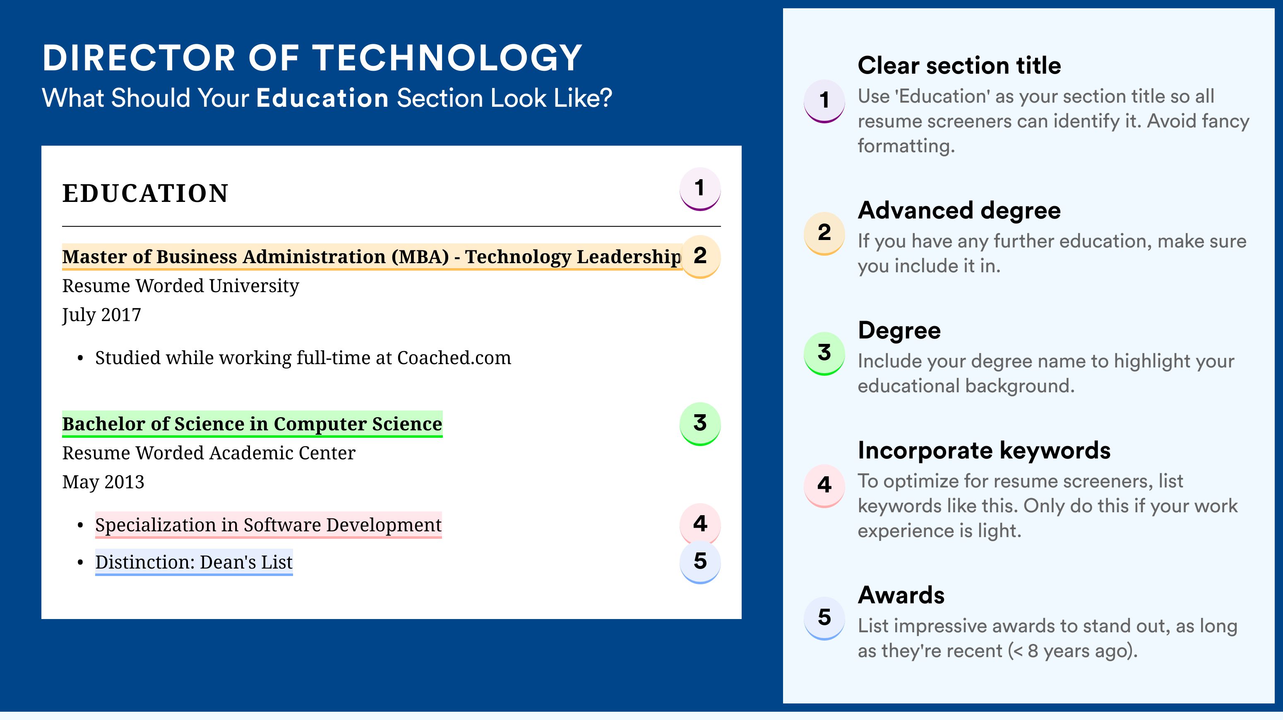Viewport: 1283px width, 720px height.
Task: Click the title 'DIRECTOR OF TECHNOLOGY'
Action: [312, 58]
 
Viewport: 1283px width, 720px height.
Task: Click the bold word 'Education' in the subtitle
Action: [322, 98]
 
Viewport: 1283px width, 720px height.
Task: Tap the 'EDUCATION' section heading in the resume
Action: [145, 193]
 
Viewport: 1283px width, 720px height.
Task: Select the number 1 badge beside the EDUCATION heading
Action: [700, 189]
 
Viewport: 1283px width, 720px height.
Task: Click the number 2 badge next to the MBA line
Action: [700, 257]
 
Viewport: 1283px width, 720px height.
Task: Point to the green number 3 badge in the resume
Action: [700, 424]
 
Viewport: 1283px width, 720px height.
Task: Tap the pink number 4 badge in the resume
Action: [700, 524]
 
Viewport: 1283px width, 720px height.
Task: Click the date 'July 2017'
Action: [101, 315]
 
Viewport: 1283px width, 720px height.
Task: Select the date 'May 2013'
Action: [103, 482]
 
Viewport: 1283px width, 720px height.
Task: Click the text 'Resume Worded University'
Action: [180, 286]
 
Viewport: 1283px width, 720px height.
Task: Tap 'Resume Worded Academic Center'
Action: [209, 453]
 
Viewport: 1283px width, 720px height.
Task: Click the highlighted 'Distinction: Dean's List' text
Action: [194, 562]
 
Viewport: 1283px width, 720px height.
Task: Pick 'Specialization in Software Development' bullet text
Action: [269, 525]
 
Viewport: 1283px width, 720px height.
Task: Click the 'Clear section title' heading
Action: [959, 65]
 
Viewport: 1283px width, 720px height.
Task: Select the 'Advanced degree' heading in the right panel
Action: [959, 211]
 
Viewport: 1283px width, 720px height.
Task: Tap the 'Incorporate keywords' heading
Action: [984, 451]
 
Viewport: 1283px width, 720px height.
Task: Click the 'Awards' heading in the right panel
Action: [901, 595]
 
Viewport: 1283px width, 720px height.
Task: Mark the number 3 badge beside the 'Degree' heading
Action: [824, 353]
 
